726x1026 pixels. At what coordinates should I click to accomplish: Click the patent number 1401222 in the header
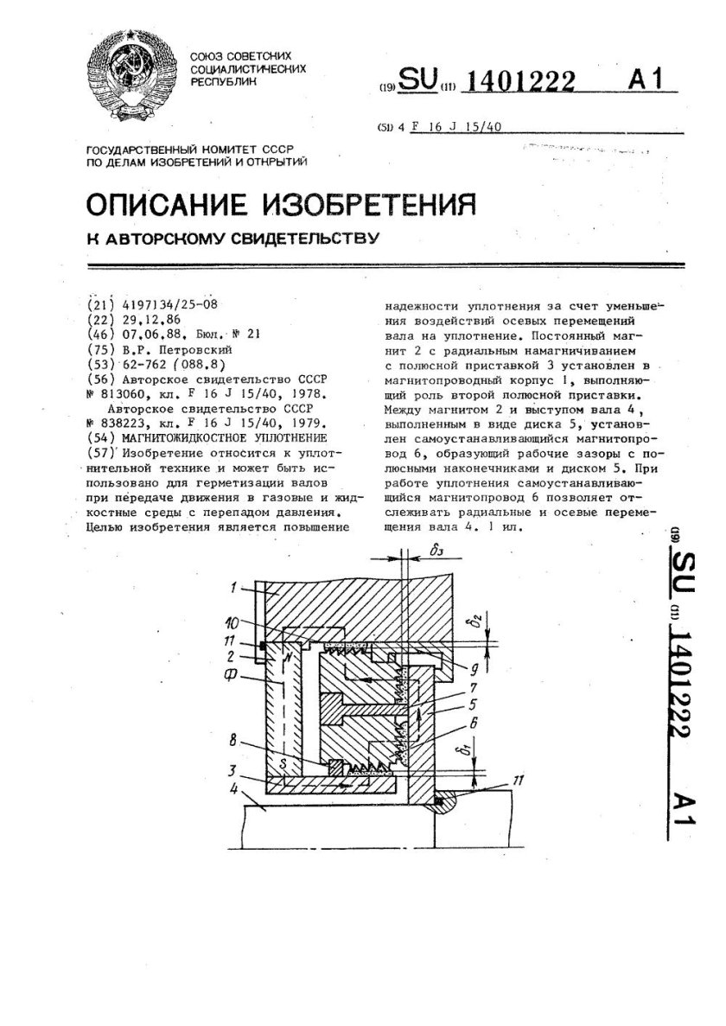pos(521,82)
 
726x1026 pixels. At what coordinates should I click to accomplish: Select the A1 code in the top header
pos(647,80)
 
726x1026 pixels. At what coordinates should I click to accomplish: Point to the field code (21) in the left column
pos(100,304)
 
